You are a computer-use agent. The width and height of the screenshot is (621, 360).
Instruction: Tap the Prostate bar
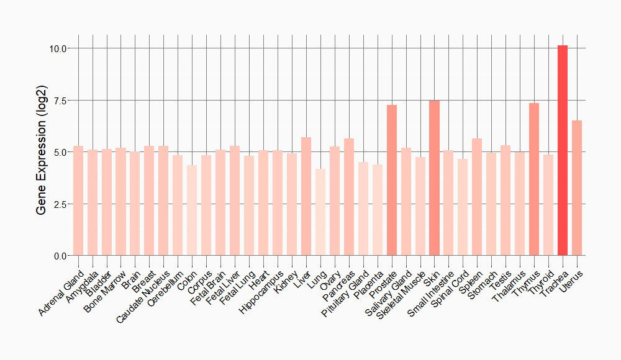392,180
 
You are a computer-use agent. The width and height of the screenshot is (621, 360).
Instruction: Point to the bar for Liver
306,196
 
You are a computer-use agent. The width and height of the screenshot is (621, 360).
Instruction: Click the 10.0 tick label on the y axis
58,48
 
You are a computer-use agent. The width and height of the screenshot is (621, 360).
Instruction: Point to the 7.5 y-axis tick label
61,101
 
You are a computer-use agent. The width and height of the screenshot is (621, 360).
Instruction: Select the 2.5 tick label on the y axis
61,204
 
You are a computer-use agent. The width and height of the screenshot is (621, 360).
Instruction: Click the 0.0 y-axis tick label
61,256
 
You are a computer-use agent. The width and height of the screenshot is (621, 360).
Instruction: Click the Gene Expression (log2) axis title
42,152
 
